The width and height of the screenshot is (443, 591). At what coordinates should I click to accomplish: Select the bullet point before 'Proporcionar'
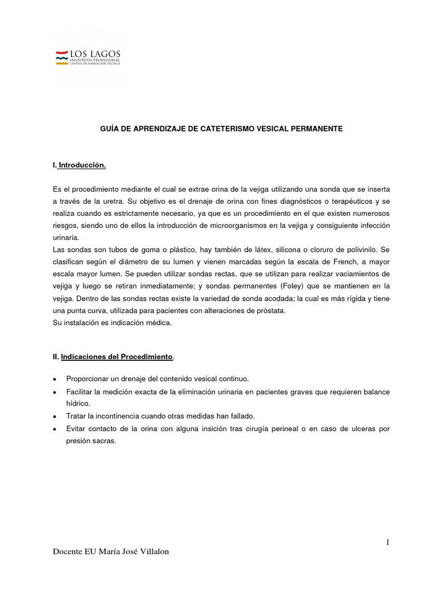coord(54,379)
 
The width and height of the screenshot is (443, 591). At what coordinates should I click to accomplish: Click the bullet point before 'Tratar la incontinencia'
coord(54,416)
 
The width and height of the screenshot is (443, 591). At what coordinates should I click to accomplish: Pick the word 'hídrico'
coord(78,403)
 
